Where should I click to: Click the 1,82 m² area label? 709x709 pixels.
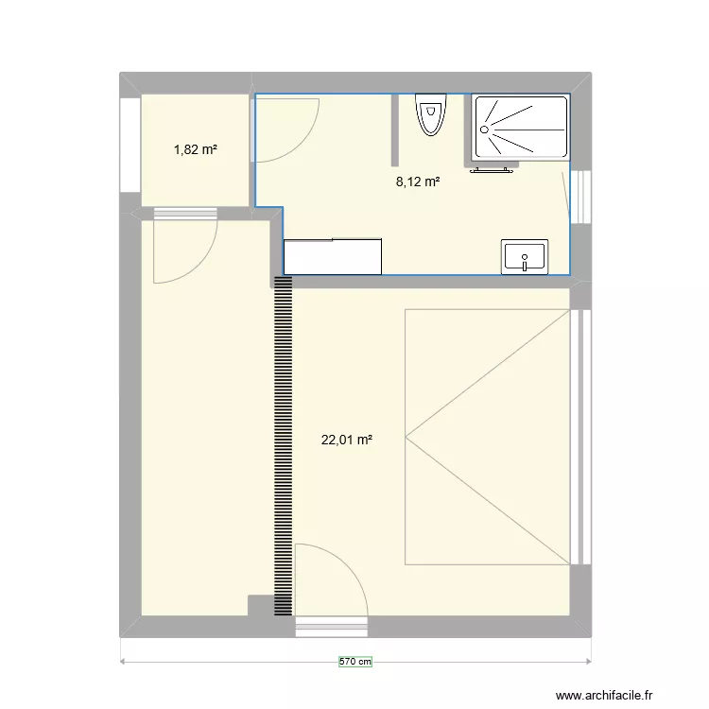196,148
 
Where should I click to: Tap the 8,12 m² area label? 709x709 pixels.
418,182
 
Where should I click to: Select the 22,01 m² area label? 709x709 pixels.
347,439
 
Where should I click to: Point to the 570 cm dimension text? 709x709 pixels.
355,663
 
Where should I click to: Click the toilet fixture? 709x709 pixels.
430,114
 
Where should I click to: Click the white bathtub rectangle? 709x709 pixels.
333,256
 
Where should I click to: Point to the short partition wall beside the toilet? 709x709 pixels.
396,129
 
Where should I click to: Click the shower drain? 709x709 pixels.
485,129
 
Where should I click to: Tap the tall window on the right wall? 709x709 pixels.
583,435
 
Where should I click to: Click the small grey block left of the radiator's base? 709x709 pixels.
259,605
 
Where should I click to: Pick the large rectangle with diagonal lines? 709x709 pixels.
487,437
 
